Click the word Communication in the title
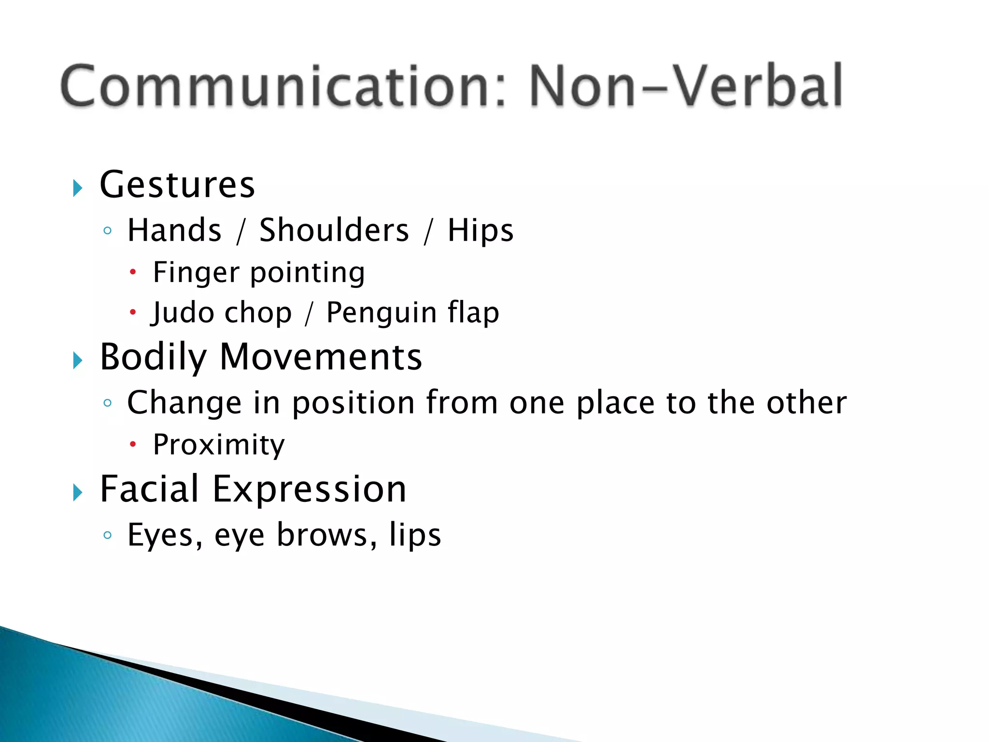pyautogui.click(x=283, y=86)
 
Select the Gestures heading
pyautogui.click(x=177, y=185)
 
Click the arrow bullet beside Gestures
pyautogui.click(x=78, y=187)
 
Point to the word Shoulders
pyautogui.click(x=334, y=230)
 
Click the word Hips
pyautogui.click(x=480, y=230)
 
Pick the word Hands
pyautogui.click(x=174, y=230)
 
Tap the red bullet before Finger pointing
pyautogui.click(x=133, y=272)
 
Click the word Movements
pyautogui.click(x=321, y=357)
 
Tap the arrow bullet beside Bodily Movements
pyautogui.click(x=78, y=360)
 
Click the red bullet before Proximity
pyautogui.click(x=133, y=443)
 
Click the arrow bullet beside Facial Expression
pyautogui.click(x=78, y=493)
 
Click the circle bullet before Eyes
pyautogui.click(x=108, y=535)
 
